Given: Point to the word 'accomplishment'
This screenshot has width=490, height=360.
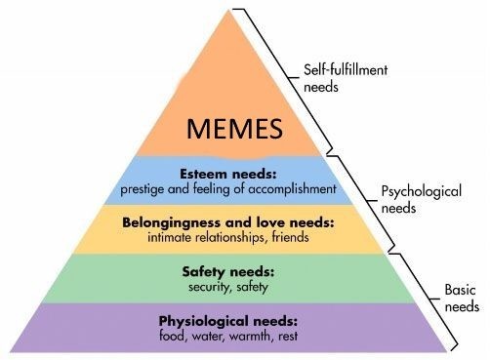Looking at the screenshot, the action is (292, 187).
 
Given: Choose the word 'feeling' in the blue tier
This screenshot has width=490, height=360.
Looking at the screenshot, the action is (222, 187).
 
